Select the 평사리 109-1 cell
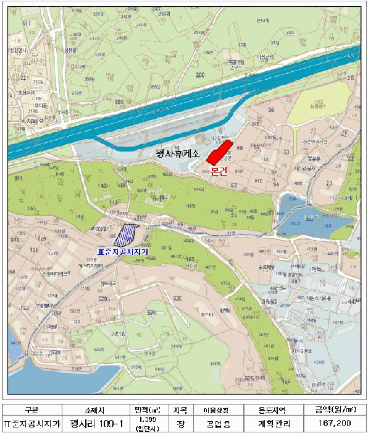(x=97, y=424)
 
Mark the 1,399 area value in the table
(x=149, y=419)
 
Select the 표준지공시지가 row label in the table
(x=31, y=424)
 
